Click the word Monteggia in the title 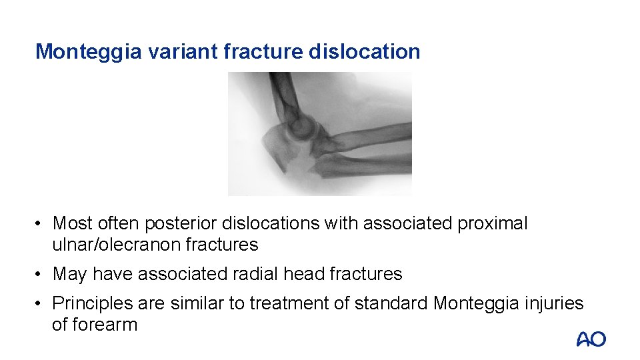click(x=88, y=51)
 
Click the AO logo click(x=591, y=339)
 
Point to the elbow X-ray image click(x=319, y=133)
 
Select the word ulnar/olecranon click(x=117, y=245)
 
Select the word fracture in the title click(x=265, y=51)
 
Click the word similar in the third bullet click(x=193, y=304)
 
